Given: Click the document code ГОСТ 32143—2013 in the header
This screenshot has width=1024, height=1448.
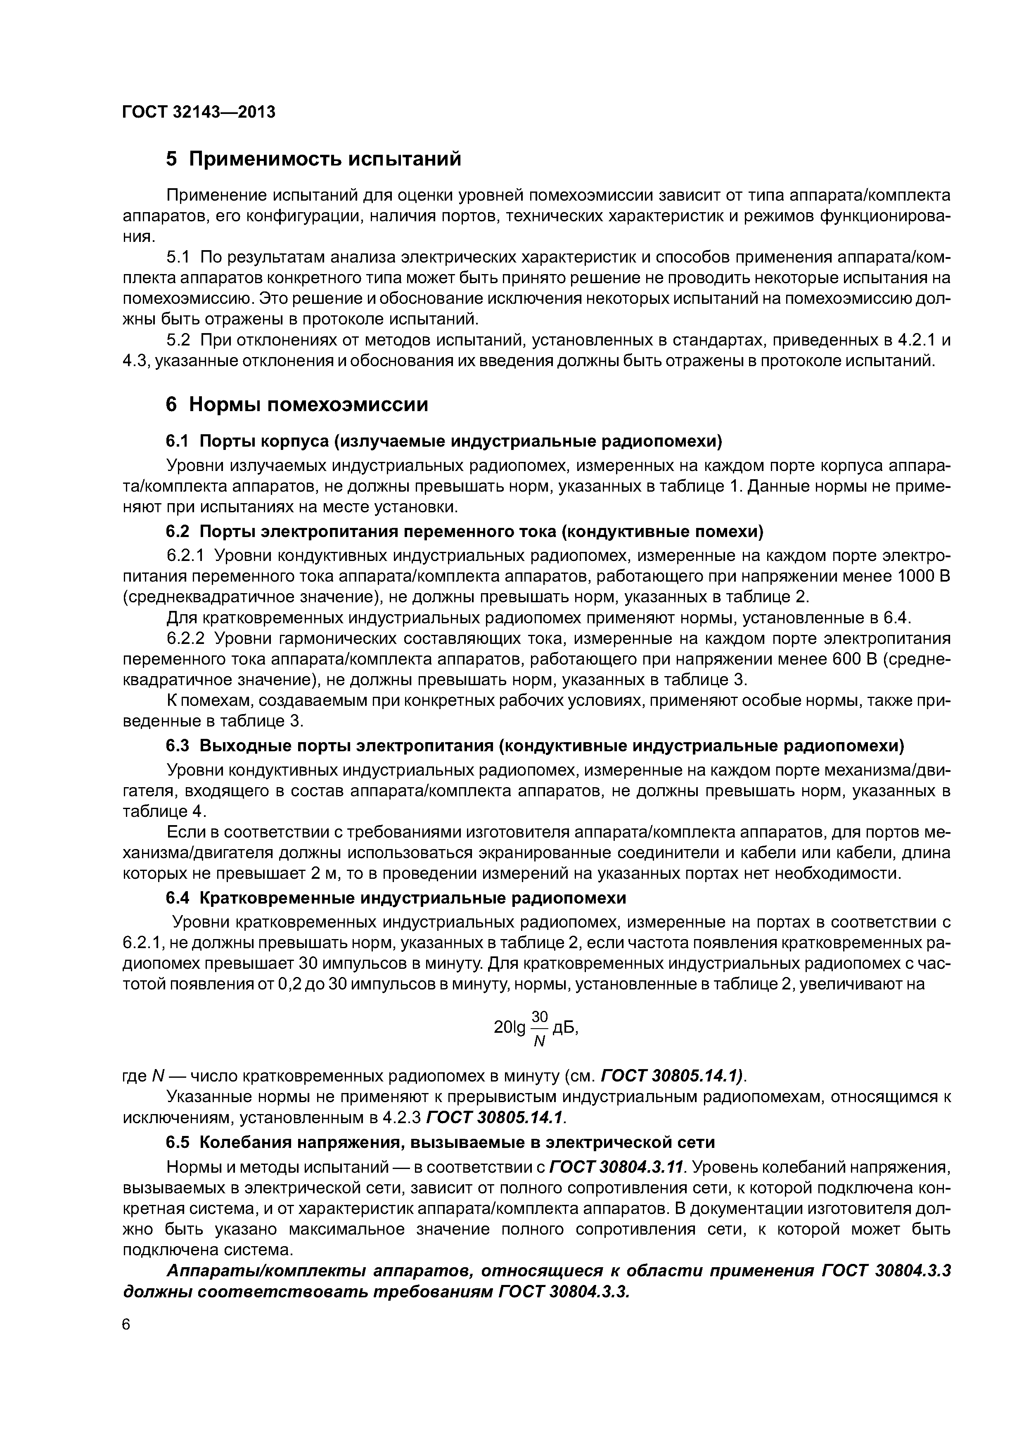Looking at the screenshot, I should [199, 112].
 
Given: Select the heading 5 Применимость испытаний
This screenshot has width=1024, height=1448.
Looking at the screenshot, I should [313, 159].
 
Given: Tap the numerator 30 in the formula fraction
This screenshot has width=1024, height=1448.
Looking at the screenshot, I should [540, 1017].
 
